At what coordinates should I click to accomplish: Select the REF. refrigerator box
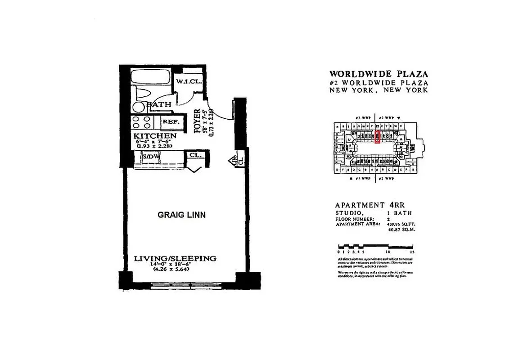[171, 122]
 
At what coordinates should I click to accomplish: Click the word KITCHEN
[154, 135]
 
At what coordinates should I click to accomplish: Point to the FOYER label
[197, 121]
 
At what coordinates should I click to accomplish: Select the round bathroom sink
[140, 107]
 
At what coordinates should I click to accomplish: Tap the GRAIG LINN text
[181, 215]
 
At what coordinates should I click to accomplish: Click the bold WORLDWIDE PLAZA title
[379, 74]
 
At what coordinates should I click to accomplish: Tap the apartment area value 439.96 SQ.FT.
[401, 223]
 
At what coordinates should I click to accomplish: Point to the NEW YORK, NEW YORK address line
[379, 90]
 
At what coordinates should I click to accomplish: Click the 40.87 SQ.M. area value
[401, 229]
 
